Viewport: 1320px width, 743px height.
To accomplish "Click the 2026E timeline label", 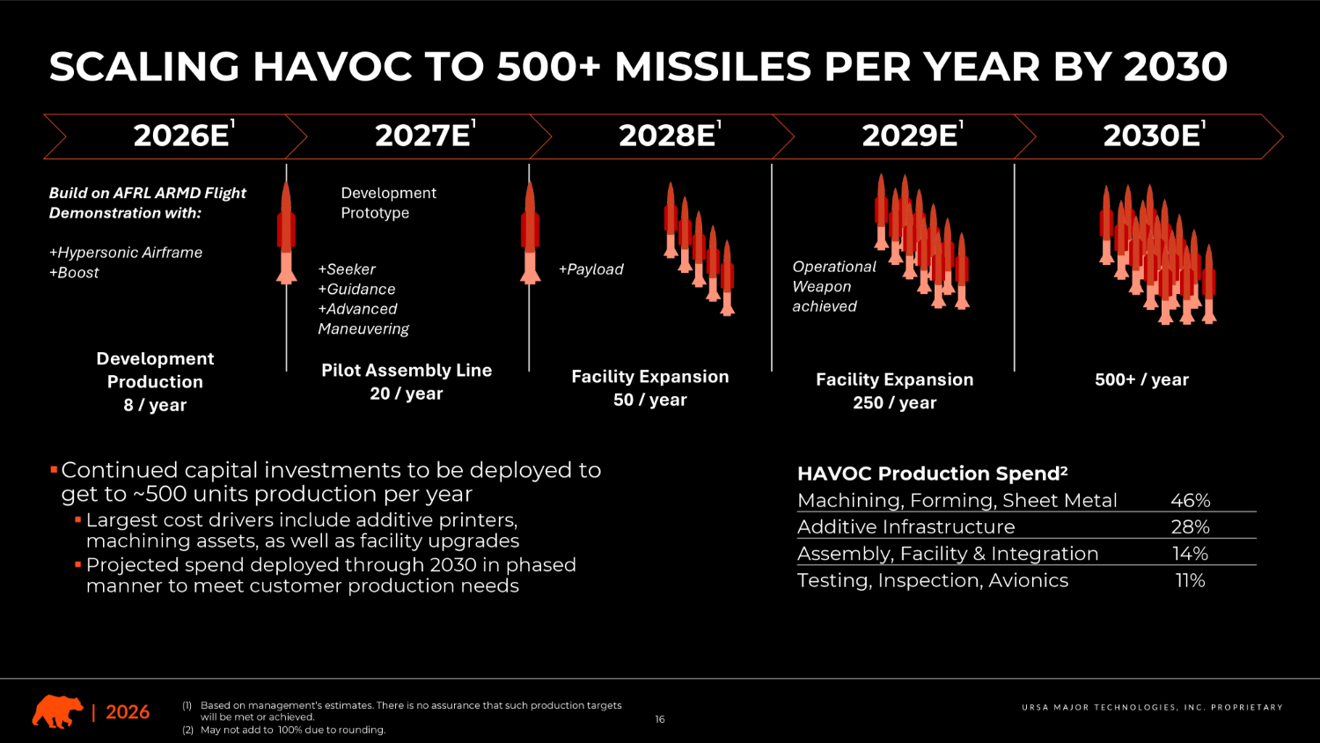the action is coord(185,135).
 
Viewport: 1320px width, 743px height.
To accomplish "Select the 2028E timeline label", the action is coord(670,135).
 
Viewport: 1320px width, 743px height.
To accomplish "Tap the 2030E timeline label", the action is coord(1155,135).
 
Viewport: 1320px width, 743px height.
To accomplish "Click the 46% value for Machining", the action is coord(1191,500).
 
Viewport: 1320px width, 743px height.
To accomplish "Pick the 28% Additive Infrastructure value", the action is coord(1191,526).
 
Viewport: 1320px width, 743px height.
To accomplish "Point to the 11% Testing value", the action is coord(1191,581).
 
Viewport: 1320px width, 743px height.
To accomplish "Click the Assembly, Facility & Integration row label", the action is coord(948,554).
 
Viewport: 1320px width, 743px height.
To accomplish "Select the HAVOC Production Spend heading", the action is coord(932,473).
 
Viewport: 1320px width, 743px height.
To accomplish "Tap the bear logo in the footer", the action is coord(57,711).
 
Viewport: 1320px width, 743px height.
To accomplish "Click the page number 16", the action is coord(660,719).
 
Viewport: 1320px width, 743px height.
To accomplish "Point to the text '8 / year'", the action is coord(155,405).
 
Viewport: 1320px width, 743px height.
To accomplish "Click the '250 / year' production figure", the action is coord(895,403).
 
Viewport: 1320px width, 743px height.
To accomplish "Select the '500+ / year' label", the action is coord(1141,379).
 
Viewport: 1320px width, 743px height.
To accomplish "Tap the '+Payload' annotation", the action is coord(590,269).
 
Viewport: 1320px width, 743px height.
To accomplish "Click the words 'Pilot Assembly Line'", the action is coord(407,371).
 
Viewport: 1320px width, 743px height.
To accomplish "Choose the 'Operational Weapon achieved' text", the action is coord(834,287).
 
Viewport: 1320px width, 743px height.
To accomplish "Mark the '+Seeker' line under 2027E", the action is coord(347,269).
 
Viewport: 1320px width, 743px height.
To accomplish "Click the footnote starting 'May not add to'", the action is coord(293,730).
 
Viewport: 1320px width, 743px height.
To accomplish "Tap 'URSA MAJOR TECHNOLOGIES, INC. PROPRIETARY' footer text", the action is coord(1152,708).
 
